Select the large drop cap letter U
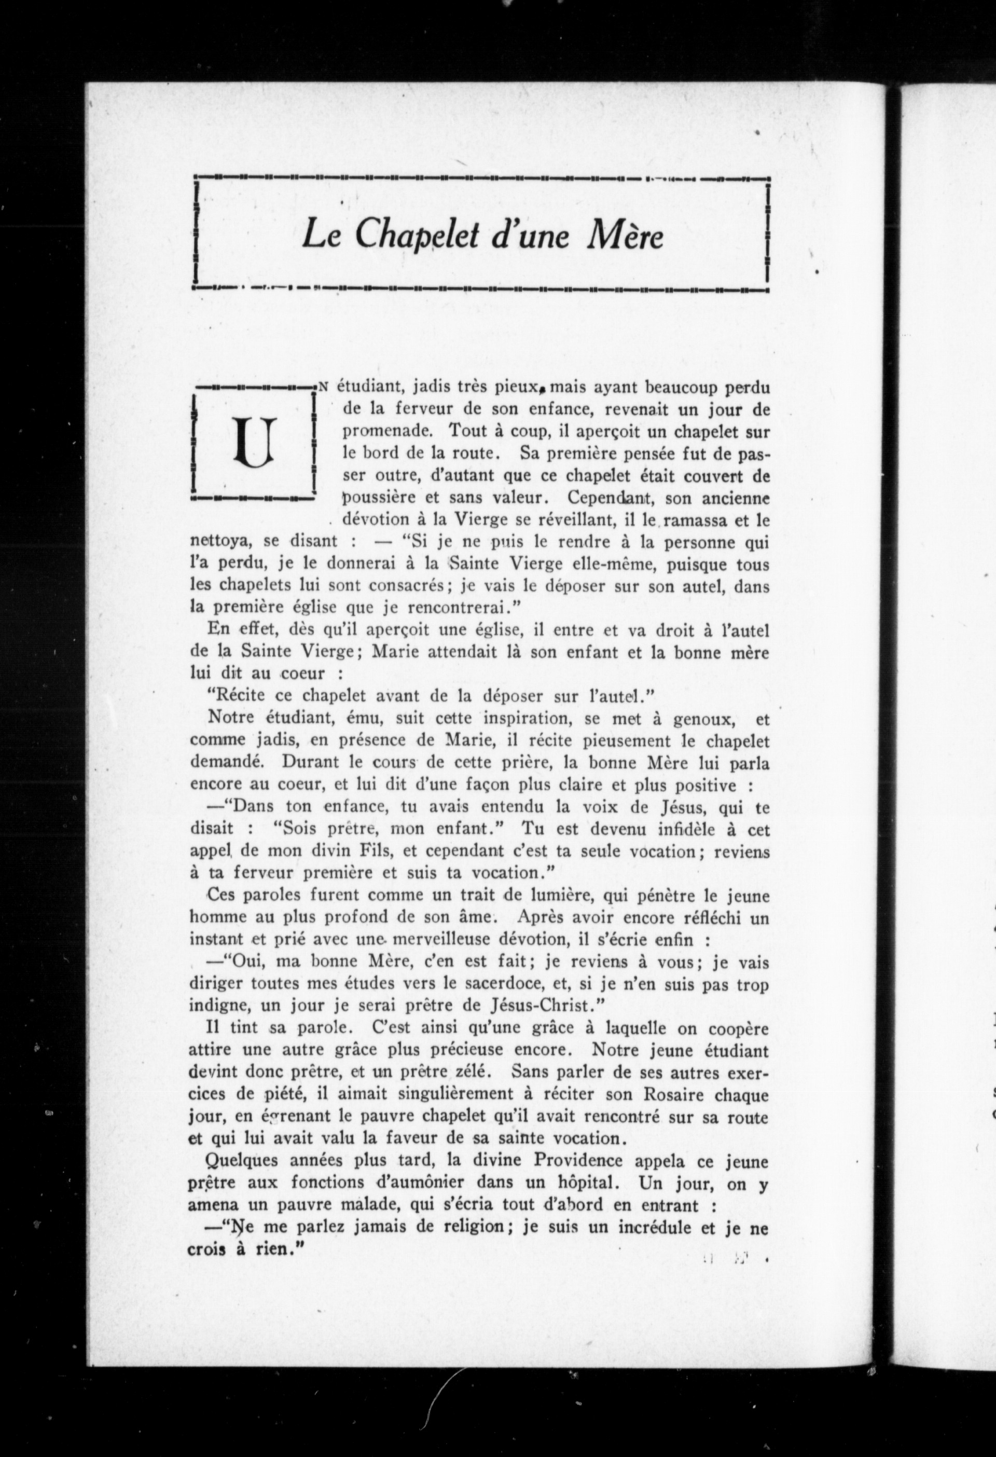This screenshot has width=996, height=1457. [x=254, y=442]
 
